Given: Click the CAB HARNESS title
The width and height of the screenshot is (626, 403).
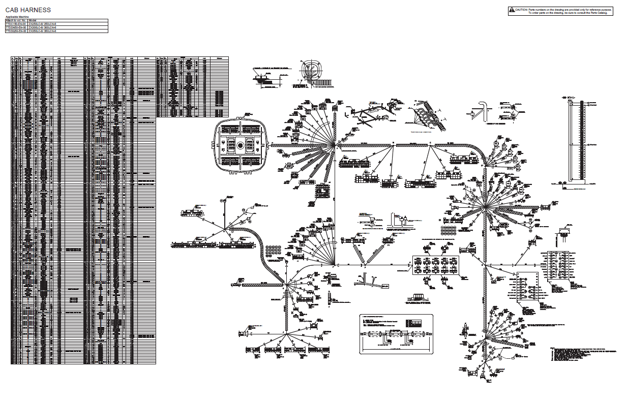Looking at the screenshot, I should (28, 10).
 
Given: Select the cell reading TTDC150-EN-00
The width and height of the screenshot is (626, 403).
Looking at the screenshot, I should (16, 24).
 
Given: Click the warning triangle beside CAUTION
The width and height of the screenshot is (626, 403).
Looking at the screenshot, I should (512, 10).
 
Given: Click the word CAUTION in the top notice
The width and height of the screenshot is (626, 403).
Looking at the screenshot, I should (522, 10).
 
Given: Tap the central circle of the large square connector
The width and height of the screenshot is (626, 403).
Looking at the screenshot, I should (240, 145).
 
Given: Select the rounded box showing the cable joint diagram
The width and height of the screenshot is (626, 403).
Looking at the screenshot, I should (396, 334).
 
